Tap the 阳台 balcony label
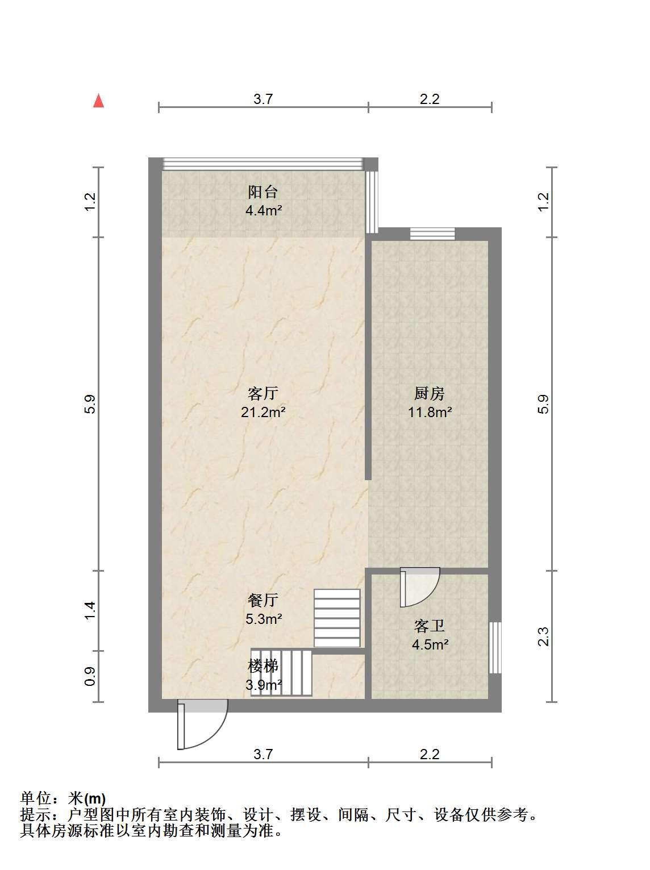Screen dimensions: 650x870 click(262, 192)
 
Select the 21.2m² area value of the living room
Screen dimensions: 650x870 click(262, 412)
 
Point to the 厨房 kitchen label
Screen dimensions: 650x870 click(429, 394)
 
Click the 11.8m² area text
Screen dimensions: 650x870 click(430, 412)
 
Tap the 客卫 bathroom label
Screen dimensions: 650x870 click(429, 626)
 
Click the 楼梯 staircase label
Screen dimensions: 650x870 click(262, 666)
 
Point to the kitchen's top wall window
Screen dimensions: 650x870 click(432, 234)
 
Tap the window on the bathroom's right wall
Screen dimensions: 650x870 click(495, 648)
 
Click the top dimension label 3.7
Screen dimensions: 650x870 click(263, 99)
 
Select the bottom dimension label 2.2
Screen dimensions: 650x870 click(430, 754)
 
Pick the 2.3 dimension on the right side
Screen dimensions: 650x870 click(543, 637)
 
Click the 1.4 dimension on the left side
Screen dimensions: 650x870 click(90, 611)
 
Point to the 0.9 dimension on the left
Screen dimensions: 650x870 click(90, 677)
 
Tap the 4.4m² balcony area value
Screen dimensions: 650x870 click(264, 210)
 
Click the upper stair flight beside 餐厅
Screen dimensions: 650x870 click(337, 618)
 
